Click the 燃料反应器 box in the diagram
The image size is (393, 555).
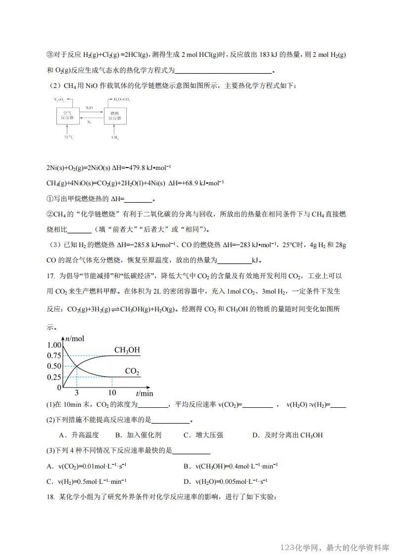(115, 116)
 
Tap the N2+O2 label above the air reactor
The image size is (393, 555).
(59, 99)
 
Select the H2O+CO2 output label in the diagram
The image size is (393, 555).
(121, 99)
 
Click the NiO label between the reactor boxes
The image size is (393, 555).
(89, 107)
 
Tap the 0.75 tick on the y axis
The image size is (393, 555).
(54, 356)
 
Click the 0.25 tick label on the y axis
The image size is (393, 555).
(54, 377)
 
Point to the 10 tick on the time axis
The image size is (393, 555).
(112, 393)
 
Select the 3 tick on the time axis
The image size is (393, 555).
(77, 393)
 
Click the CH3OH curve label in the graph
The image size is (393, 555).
(127, 350)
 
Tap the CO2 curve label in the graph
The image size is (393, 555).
(132, 371)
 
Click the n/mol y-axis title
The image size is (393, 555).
(74, 339)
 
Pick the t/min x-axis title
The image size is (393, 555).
(144, 393)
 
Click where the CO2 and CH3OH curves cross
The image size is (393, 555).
(77, 366)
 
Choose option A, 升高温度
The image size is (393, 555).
(79, 435)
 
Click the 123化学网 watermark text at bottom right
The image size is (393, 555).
(301, 548)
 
